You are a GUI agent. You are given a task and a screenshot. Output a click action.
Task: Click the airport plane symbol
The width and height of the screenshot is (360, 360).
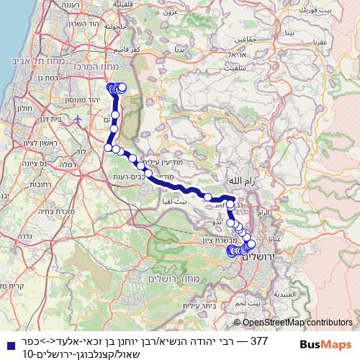click(x=77, y=119)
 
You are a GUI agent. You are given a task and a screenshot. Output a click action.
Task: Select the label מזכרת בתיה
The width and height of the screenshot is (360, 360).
click(x=49, y=212)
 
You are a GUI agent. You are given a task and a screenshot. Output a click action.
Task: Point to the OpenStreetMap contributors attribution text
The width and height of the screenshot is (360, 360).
click(x=299, y=324)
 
